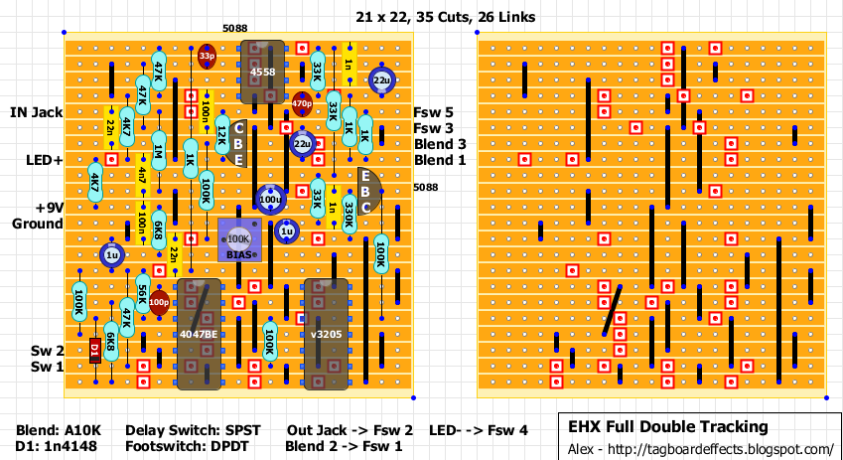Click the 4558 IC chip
point(262,72)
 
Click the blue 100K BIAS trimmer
point(238,241)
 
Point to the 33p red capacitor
point(207,57)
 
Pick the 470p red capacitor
point(302,99)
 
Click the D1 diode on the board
point(95,350)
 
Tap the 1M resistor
point(158,151)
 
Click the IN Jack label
point(37,112)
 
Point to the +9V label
point(44,208)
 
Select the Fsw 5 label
point(433,112)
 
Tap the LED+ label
point(44,160)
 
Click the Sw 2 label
point(46,351)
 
